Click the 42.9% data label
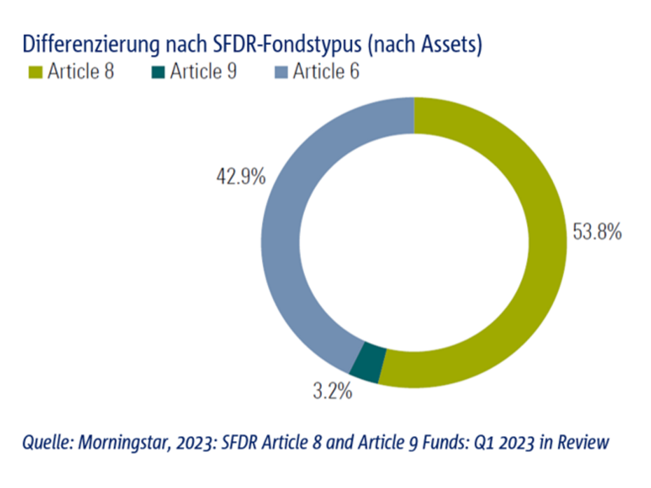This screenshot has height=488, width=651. tap(239, 176)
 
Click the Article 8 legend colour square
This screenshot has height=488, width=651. tap(36, 72)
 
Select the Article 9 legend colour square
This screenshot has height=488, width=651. tap(157, 72)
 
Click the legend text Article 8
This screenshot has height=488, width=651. tap(81, 72)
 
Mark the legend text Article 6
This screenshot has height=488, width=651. tap(326, 72)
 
